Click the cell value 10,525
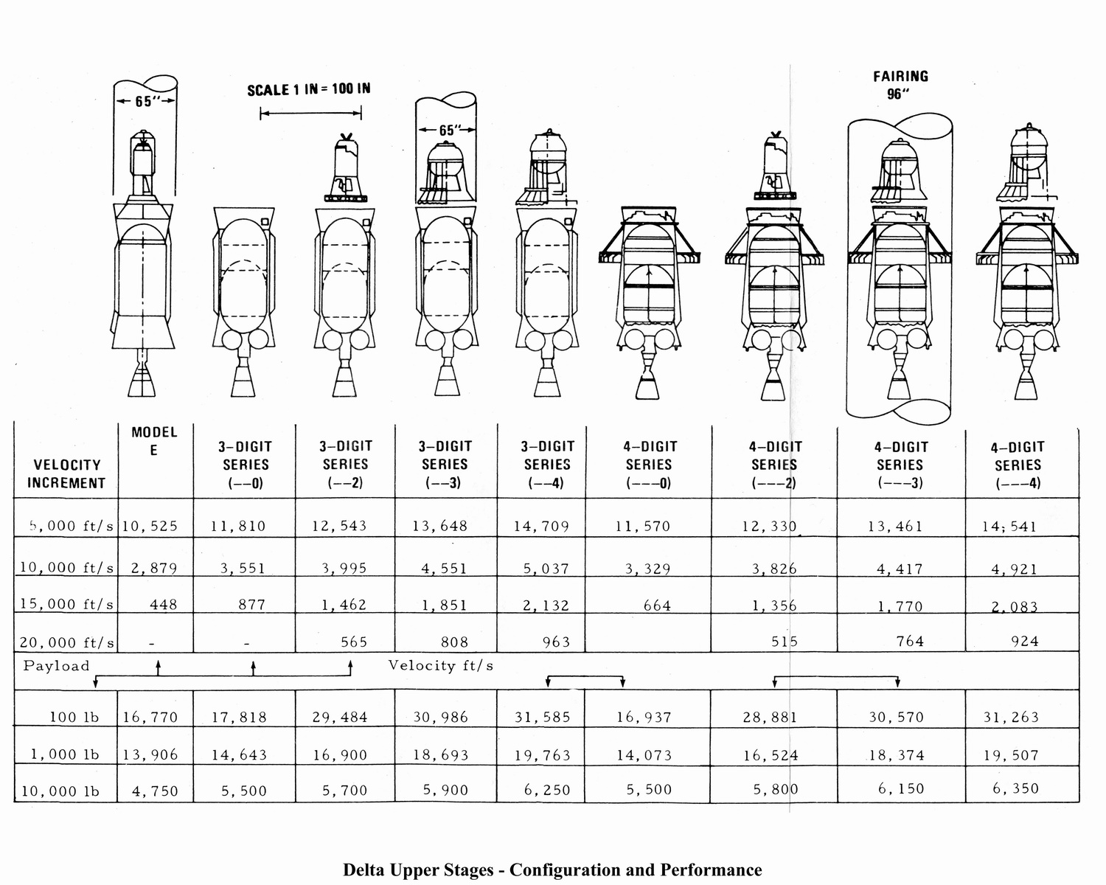pos(150,526)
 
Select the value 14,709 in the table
pos(542,526)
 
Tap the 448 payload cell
pos(164,604)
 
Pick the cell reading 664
pos(657,605)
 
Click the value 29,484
pos(340,717)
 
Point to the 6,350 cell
pos(1015,788)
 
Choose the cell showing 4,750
pos(155,791)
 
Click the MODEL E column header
pos(154,441)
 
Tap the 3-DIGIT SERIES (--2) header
pos(345,465)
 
